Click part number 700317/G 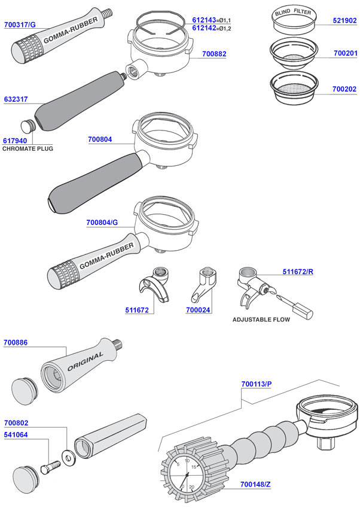click(x=20, y=25)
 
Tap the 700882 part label click(x=214, y=54)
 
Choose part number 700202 click(x=344, y=89)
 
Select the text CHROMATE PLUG click(x=28, y=148)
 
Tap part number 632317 click(x=15, y=101)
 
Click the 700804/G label click(x=102, y=223)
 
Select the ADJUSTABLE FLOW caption click(x=261, y=320)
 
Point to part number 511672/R click(x=298, y=272)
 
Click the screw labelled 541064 click(x=49, y=467)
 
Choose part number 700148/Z click(x=256, y=484)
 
